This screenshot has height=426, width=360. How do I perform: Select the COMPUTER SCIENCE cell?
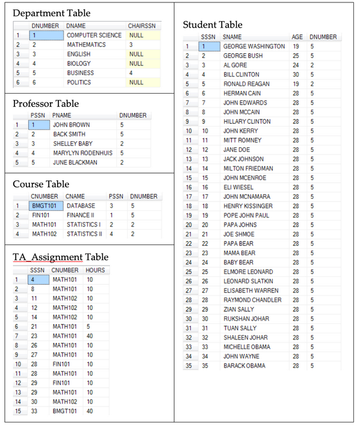pos(94,35)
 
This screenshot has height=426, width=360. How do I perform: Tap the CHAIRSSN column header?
pos(142,26)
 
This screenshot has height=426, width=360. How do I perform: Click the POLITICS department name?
pos(79,82)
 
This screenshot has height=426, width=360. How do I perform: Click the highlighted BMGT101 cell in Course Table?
pos(46,206)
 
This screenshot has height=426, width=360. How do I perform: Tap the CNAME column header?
pos(75,196)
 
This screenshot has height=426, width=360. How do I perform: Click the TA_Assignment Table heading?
pos(61,257)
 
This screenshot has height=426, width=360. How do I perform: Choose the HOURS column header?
pos(95,270)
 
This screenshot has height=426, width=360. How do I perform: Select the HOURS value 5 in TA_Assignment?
pos(88,326)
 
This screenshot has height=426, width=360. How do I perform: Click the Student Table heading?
pos(213,25)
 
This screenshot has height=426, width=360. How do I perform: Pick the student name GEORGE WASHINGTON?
pos(254,46)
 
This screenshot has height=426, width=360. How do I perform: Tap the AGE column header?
pos(297,37)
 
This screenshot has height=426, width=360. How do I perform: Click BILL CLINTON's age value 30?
pos(296,75)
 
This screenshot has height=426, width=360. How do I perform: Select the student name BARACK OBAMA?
pos(244,365)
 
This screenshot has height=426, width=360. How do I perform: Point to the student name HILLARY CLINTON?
pos(246,121)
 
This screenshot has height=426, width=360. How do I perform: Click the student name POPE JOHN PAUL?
pos(246,215)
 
